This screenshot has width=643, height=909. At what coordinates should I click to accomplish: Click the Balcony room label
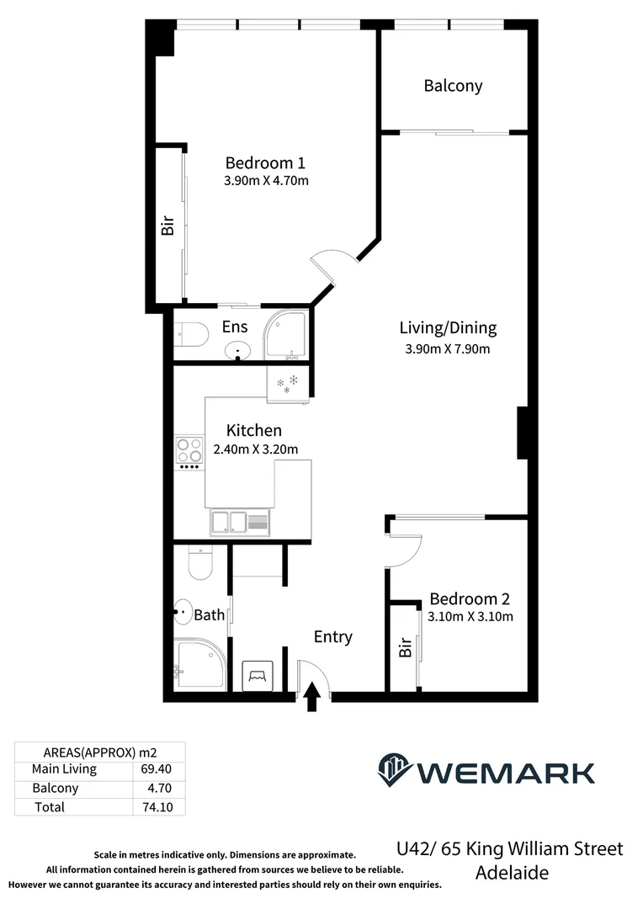pos(453,86)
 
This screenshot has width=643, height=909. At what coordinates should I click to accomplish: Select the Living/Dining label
pos(448,328)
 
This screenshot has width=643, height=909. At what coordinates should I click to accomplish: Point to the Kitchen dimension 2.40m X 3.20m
pos(256,449)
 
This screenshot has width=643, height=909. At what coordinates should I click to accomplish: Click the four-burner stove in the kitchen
pos(189,451)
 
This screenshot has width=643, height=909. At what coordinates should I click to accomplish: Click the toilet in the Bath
pos(200,561)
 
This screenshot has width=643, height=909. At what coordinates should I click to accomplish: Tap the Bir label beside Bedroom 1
pos(167,225)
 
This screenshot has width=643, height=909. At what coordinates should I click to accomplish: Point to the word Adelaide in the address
pos(512,873)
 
